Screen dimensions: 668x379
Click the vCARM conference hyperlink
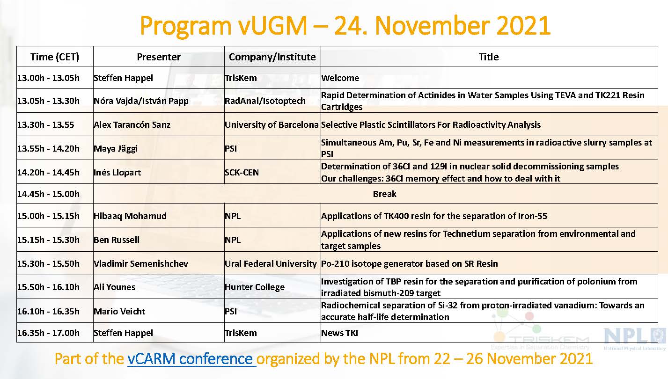pyautogui.click(x=192, y=359)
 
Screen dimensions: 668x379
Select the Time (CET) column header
pyautogui.click(x=55, y=57)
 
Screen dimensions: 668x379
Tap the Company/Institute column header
pyautogui.click(x=272, y=57)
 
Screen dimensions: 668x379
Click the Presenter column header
pyautogui.click(x=159, y=57)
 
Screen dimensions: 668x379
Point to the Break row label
pyautogui.click(x=385, y=194)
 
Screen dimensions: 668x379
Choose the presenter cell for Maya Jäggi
pyautogui.click(x=116, y=148)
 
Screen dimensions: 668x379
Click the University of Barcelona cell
pyautogui.click(x=272, y=124)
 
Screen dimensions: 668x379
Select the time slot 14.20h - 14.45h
pyautogui.click(x=48, y=172)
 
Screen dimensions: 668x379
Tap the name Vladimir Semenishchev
pyautogui.click(x=141, y=263)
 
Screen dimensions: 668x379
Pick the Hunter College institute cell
pyautogui.click(x=255, y=287)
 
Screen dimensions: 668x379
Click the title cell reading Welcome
pyautogui.click(x=340, y=78)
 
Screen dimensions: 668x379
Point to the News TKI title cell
pyautogui.click(x=340, y=333)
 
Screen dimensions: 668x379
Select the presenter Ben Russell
pyautogui.click(x=117, y=240)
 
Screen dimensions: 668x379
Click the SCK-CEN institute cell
pyautogui.click(x=242, y=172)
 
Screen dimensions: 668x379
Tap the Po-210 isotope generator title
pyautogui.click(x=410, y=263)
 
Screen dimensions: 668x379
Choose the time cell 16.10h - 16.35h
pyautogui.click(x=48, y=311)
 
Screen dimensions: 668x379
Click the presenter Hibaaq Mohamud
pyautogui.click(x=130, y=216)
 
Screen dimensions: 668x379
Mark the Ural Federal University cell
pyautogui.click(x=271, y=263)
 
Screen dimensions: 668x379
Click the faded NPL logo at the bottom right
pyautogui.click(x=635, y=338)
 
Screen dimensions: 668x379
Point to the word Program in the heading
pyautogui.click(x=185, y=26)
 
